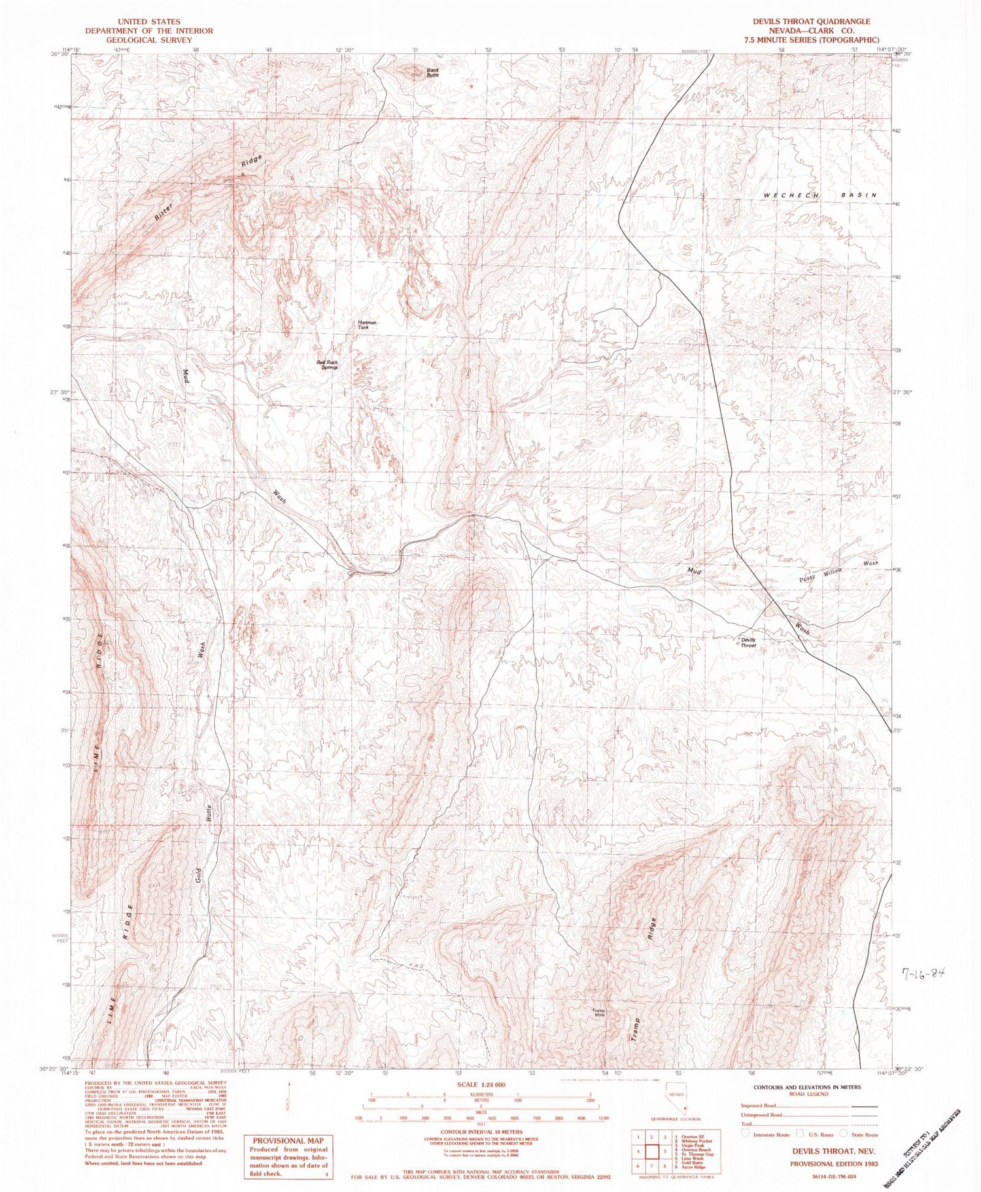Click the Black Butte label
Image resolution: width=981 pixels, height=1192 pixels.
432,72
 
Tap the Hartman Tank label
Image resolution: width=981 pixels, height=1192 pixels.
367,324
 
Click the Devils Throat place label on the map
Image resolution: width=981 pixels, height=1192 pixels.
748,642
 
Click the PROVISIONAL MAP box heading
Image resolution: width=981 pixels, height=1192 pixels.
287,1141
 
